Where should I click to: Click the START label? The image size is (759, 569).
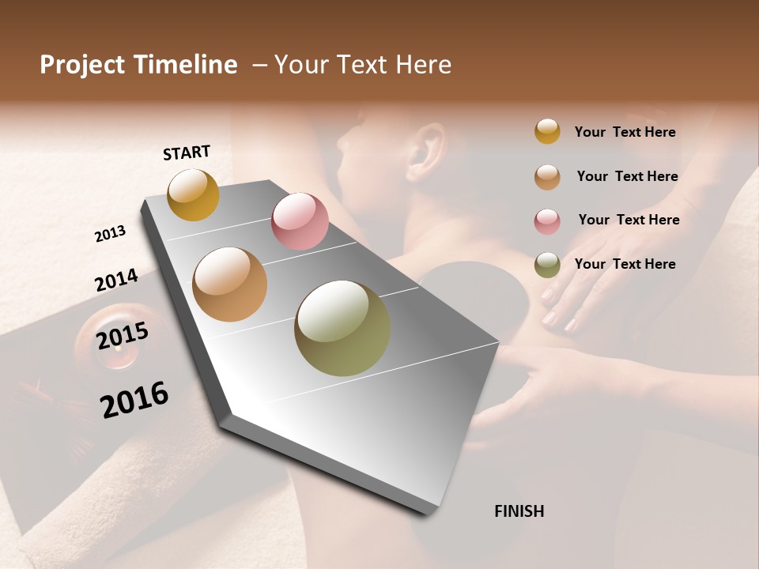(187, 153)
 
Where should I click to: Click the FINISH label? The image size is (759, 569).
(519, 511)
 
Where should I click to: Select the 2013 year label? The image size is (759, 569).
(111, 234)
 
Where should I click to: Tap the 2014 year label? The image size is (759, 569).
(116, 281)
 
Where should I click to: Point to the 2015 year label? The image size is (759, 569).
(123, 336)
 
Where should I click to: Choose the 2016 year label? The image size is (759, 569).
(134, 399)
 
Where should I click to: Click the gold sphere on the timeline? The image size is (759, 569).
(193, 194)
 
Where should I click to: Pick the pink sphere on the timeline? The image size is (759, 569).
(300, 221)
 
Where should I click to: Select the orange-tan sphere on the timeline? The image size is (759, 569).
(230, 284)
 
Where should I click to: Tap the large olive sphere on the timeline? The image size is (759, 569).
(342, 328)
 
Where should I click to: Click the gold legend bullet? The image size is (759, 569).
(547, 131)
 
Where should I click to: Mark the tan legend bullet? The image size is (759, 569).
(547, 177)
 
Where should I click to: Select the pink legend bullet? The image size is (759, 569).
(547, 221)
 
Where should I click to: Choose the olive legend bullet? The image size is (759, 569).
(547, 265)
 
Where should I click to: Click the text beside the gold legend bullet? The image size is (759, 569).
(625, 132)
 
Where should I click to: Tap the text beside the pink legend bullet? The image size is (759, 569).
(629, 220)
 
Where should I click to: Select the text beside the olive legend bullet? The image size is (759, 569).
(625, 264)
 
